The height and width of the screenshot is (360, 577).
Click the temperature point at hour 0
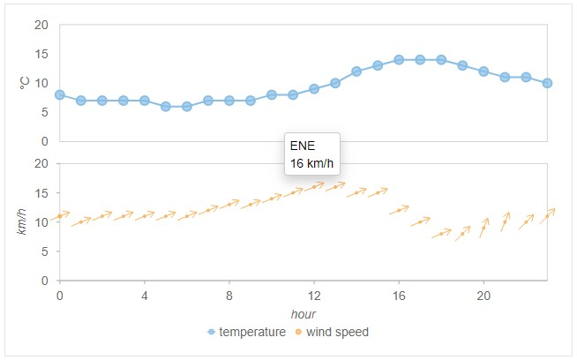pyautogui.click(x=60, y=94)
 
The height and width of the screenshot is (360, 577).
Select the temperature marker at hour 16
pyautogui.click(x=399, y=59)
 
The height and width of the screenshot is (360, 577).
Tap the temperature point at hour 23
pyautogui.click(x=547, y=83)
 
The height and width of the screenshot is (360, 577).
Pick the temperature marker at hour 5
pyautogui.click(x=166, y=106)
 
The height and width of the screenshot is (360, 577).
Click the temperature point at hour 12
pyautogui.click(x=314, y=88)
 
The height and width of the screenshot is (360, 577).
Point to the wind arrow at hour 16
pyautogui.click(x=399, y=210)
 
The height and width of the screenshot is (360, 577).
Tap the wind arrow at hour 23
pyautogui.click(x=547, y=215)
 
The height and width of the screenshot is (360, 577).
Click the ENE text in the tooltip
pyautogui.click(x=303, y=146)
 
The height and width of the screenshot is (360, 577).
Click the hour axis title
pyautogui.click(x=303, y=314)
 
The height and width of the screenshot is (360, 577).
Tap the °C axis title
pyautogui.click(x=25, y=83)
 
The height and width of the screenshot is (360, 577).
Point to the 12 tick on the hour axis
pyautogui.click(x=314, y=294)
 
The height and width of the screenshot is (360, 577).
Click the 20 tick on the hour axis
pyautogui.click(x=483, y=294)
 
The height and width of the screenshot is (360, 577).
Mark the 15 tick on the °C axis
pyautogui.click(x=41, y=54)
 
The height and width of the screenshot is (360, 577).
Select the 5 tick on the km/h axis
pyautogui.click(x=45, y=251)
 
